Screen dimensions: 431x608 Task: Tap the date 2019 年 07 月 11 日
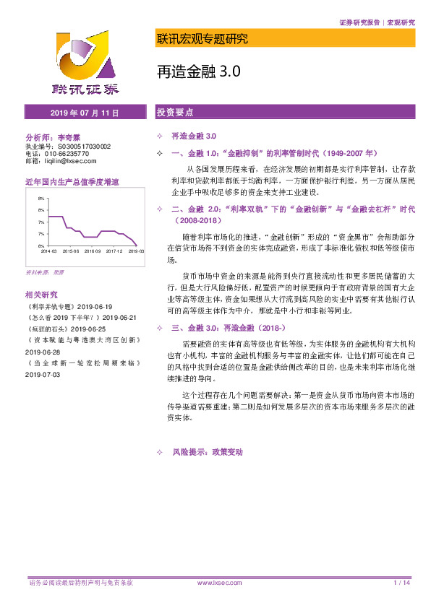click(x=85, y=113)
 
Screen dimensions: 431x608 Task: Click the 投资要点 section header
click(x=176, y=113)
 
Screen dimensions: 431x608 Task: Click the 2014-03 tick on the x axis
click(x=48, y=251)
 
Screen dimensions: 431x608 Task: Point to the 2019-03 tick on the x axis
click(x=136, y=251)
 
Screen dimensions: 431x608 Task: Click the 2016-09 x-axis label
click(x=93, y=251)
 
